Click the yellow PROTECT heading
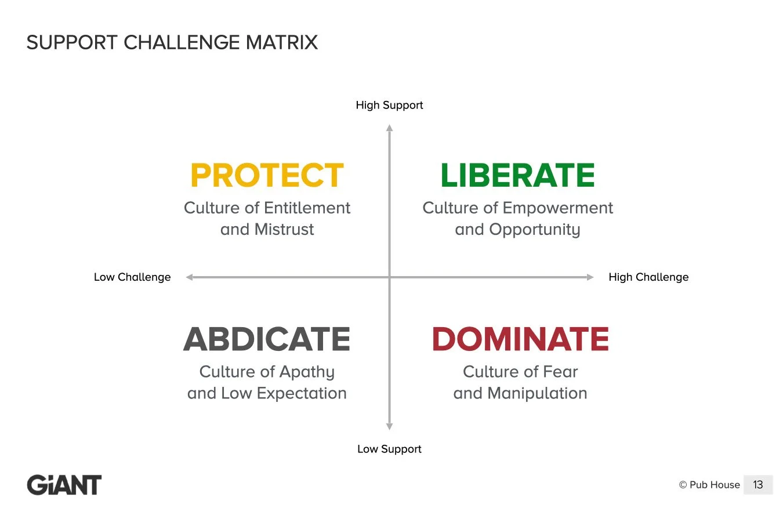pos(267,176)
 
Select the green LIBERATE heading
pos(517,176)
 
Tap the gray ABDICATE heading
pos(267,339)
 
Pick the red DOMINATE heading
pos(520,339)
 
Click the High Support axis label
pos(389,105)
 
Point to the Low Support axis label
pos(389,449)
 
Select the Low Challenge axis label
pos(132,277)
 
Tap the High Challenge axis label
pos(648,277)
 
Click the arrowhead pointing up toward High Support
pos(389,128)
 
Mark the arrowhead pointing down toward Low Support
pos(389,426)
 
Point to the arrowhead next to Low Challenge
pos(189,277)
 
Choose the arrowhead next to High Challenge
pos(590,277)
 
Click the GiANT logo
pos(64,485)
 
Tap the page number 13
pos(757,485)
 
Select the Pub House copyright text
pos(709,485)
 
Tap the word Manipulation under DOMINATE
pos(537,393)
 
